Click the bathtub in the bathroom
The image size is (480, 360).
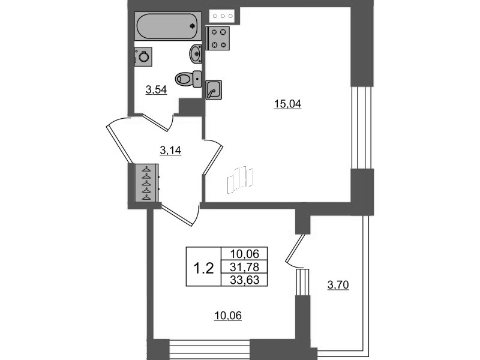(x=168, y=26)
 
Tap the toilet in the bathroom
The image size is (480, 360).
(x=188, y=79)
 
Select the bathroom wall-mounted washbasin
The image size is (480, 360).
(x=196, y=54)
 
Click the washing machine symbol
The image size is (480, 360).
(x=143, y=56)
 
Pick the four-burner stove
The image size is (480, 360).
(x=218, y=38)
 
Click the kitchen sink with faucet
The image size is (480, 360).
(x=214, y=90)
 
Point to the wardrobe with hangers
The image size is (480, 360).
(x=147, y=183)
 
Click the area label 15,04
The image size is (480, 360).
(x=287, y=104)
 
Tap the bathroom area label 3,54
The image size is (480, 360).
(x=156, y=90)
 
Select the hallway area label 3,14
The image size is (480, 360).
(x=170, y=151)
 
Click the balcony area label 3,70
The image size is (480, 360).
(x=338, y=286)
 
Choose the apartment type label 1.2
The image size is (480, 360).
(x=203, y=269)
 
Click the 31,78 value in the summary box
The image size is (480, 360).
(x=244, y=267)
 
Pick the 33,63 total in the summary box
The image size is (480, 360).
(x=244, y=280)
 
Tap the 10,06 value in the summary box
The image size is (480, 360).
(x=244, y=254)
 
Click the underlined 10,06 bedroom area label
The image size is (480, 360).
(x=228, y=316)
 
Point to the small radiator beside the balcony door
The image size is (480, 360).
(x=303, y=282)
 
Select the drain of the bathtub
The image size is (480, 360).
(x=193, y=26)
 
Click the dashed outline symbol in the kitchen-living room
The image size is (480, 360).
(x=239, y=181)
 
